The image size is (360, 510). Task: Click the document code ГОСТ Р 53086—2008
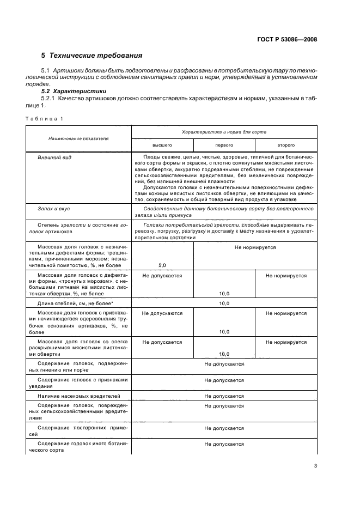[286, 39]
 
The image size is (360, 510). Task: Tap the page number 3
[315, 466]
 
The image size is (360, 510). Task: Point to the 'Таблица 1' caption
[43, 119]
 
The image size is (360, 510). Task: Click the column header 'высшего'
[162, 146]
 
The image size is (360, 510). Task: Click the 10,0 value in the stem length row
[224, 303]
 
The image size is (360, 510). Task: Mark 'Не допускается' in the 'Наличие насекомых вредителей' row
[224, 396]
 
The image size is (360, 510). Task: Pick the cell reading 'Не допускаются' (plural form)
[162, 313]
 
